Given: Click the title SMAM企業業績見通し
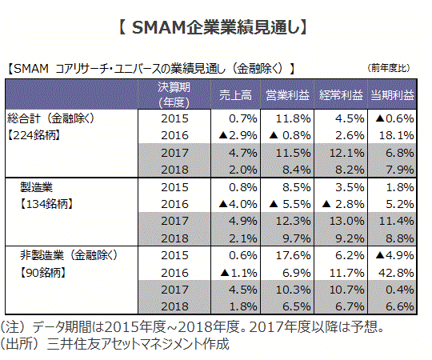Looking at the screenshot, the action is pyautogui.click(x=214, y=27).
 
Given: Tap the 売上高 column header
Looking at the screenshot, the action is pyautogui.click(x=235, y=95).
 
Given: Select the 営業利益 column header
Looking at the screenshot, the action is pyautogui.click(x=288, y=95).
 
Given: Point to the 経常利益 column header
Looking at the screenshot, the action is pyautogui.click(x=341, y=95).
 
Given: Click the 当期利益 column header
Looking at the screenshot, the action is pyautogui.click(x=392, y=95).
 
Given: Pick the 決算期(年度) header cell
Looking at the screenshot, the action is pyautogui.click(x=174, y=95).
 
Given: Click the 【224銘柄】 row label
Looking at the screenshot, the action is pyautogui.click(x=34, y=135).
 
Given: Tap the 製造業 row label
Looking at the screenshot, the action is pyautogui.click(x=36, y=187).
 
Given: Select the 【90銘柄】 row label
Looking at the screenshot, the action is pyautogui.click(x=42, y=273).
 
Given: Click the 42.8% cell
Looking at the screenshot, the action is pyautogui.click(x=396, y=273).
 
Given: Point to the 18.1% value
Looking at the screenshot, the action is pyautogui.click(x=397, y=135).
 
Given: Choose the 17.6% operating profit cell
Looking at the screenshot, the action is pyautogui.click(x=293, y=256).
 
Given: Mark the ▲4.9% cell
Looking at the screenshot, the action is pyautogui.click(x=395, y=256).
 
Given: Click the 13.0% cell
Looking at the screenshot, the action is pyautogui.click(x=347, y=221).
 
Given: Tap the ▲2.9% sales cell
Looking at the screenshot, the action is pyautogui.click(x=238, y=135).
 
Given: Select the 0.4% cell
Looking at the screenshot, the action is pyautogui.click(x=400, y=290).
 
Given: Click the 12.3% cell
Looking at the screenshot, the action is pyautogui.click(x=293, y=221).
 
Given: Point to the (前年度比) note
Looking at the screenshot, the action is pyautogui.click(x=389, y=68).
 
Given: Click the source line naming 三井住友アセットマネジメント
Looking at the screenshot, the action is pyautogui.click(x=114, y=344).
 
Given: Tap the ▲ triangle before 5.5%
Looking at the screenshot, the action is pyautogui.click(x=274, y=204).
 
